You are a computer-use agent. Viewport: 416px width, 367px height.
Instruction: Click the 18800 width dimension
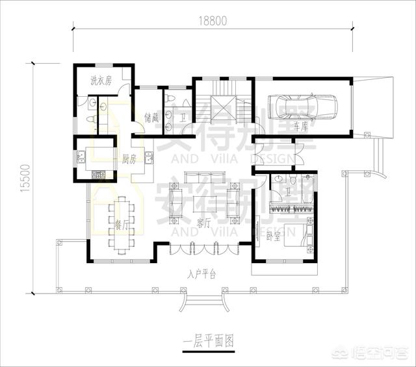(213, 21)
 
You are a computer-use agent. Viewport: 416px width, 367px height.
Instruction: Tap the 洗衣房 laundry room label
(101, 81)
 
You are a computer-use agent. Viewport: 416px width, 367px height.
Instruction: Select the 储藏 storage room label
(151, 118)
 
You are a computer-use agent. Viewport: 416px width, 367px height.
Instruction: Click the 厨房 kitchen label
(128, 158)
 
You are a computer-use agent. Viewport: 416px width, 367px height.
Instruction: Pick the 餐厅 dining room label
(122, 225)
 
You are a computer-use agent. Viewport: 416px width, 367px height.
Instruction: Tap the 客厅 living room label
(205, 221)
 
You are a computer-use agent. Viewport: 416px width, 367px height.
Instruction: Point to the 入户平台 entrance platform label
(202, 274)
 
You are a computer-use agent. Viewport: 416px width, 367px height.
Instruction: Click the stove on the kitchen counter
(99, 174)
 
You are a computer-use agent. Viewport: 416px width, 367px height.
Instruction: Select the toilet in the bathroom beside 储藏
(170, 98)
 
